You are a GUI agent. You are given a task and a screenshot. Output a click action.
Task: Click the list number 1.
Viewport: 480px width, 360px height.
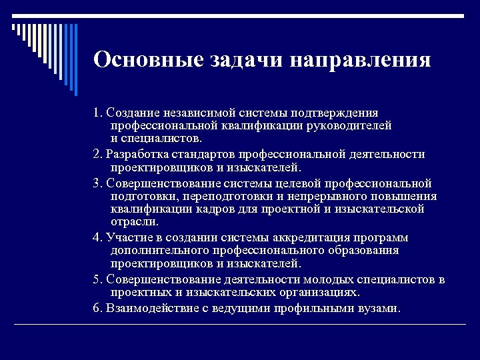click(97, 113)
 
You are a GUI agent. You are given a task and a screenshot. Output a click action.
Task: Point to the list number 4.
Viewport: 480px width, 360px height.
click(97, 238)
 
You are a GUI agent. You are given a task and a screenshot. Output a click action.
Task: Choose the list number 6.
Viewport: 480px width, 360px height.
click(97, 309)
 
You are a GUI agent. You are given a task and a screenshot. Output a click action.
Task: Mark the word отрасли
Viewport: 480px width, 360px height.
click(135, 221)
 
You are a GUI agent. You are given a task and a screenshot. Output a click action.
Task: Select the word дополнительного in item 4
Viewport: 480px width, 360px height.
click(161, 251)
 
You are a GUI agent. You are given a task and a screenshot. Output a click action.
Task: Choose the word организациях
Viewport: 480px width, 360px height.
click(318, 293)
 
